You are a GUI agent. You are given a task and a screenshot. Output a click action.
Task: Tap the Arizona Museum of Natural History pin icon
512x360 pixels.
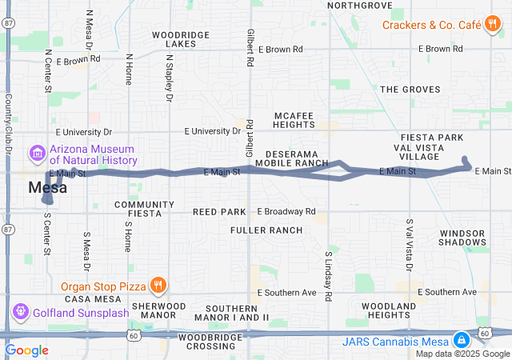[36, 152]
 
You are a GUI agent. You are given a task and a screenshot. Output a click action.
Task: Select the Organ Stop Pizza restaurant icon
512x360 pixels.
[159, 284]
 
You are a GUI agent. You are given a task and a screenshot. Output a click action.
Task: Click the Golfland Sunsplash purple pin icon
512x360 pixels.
[20, 311]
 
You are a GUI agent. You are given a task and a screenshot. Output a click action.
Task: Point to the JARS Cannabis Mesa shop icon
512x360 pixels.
[461, 341]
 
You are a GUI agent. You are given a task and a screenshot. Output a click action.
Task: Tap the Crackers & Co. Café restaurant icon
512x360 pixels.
[492, 25]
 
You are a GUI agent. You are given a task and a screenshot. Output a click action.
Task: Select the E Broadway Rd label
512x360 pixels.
[286, 212]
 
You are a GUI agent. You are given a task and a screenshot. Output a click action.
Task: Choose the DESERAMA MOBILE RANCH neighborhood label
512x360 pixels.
[292, 158]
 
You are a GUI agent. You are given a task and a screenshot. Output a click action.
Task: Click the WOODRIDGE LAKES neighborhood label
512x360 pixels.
[181, 40]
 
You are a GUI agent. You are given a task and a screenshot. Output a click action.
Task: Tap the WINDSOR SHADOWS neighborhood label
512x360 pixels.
[462, 237]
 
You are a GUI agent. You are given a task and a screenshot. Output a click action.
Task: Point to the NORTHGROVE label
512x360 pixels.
[360, 6]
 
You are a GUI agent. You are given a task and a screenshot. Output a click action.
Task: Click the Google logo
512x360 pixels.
[26, 350]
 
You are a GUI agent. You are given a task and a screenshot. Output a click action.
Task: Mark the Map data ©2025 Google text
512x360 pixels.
[462, 354]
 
